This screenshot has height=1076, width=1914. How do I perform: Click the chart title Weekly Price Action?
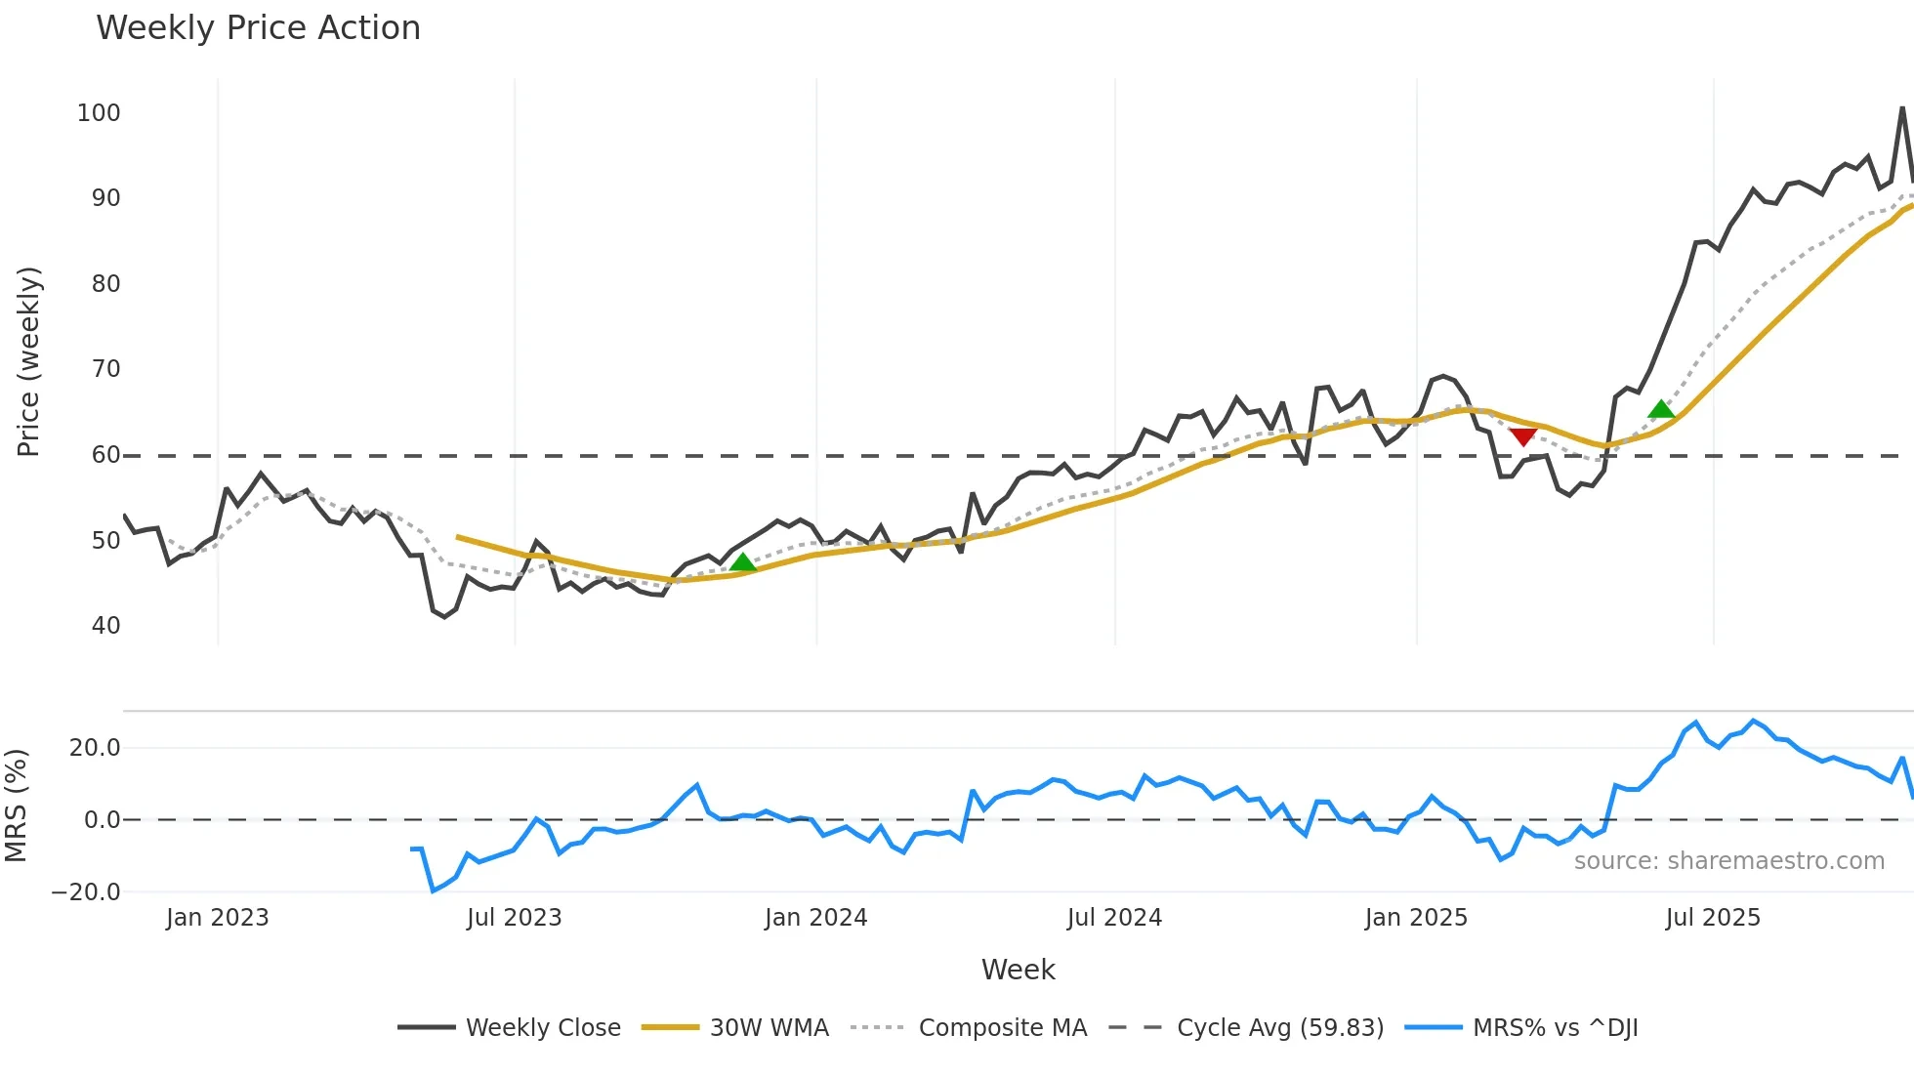click(258, 28)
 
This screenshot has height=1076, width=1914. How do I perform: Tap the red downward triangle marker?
click(1522, 436)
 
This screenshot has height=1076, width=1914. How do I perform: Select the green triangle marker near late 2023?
click(743, 562)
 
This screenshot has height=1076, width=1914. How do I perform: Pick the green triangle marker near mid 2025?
click(1661, 409)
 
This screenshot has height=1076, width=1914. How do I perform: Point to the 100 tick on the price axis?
click(99, 113)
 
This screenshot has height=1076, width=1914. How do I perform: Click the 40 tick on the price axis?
click(105, 626)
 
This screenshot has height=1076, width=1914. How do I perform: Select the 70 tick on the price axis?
click(105, 369)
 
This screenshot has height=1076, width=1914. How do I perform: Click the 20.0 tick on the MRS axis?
click(95, 748)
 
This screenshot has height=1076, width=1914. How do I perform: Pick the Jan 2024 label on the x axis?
click(815, 918)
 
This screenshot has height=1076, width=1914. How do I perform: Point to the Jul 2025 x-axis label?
click(1713, 918)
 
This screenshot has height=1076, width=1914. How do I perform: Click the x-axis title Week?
click(1018, 970)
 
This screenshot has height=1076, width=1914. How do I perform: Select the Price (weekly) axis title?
click(28, 361)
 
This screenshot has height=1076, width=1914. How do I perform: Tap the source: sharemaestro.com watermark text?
click(1728, 861)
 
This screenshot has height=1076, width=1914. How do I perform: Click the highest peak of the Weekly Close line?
click(1902, 108)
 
